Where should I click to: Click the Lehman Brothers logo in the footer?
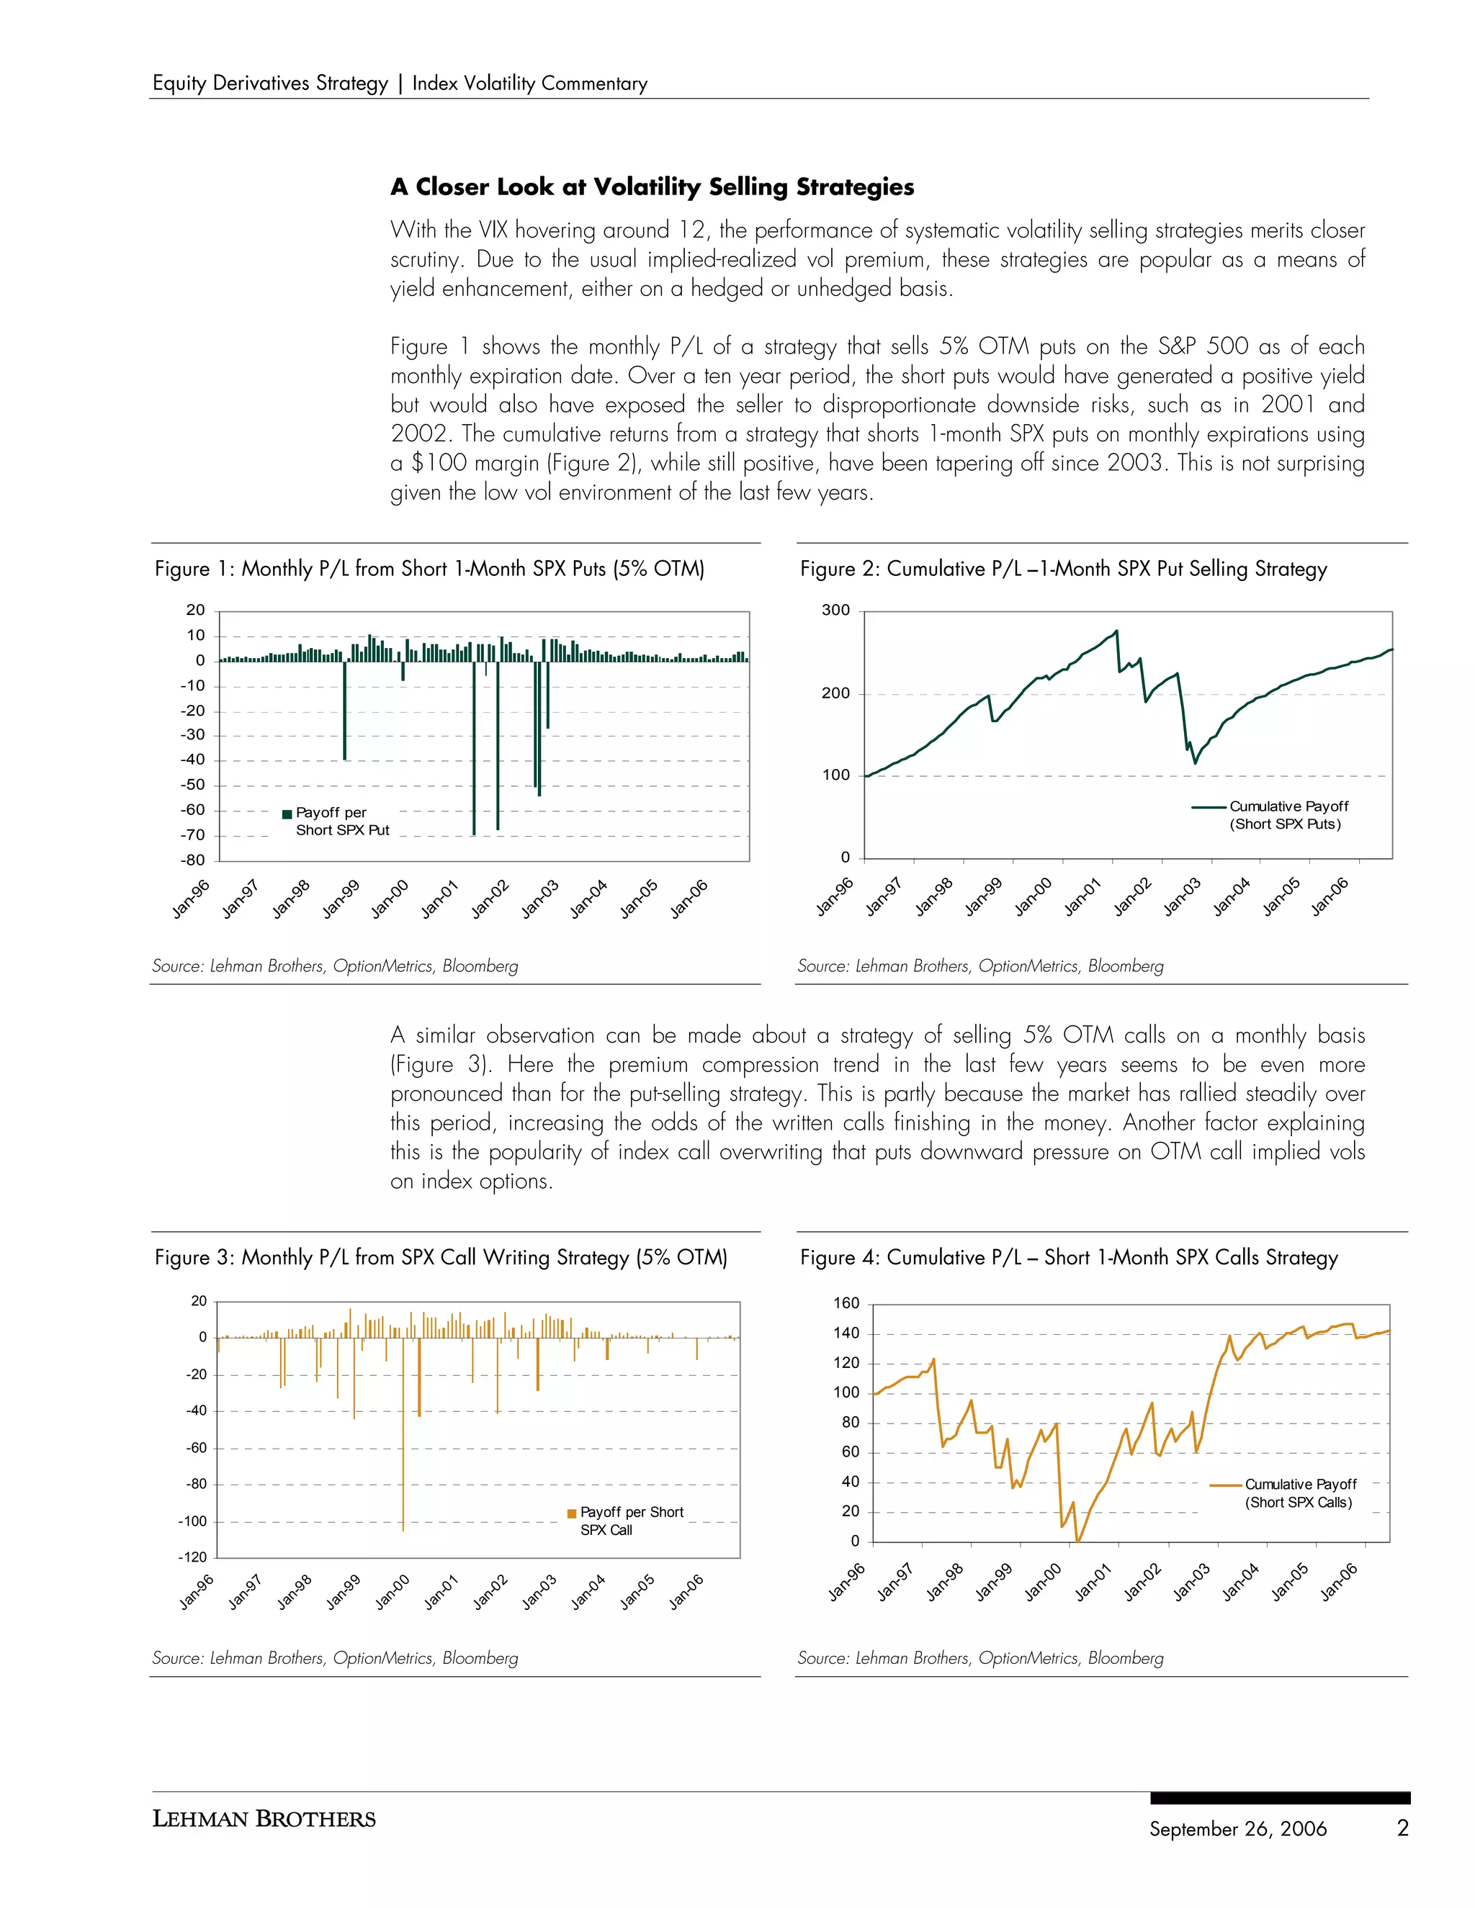[x=264, y=1819]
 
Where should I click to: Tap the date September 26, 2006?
[x=1237, y=1829]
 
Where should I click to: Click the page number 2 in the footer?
[x=1402, y=1827]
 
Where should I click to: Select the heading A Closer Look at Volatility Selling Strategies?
[x=652, y=187]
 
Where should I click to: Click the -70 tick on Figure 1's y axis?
[x=192, y=835]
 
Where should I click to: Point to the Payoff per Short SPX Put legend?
[x=336, y=822]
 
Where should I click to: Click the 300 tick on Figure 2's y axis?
[x=835, y=611]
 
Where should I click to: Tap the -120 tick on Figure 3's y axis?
[x=192, y=1557]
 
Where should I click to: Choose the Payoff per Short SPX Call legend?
[x=627, y=1520]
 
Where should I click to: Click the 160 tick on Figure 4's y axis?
[x=846, y=1302]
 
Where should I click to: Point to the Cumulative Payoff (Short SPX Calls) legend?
[x=1290, y=1493]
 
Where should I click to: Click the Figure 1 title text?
[x=429, y=569]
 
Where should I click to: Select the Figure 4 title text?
[x=1069, y=1257]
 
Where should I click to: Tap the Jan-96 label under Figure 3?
[x=197, y=1592]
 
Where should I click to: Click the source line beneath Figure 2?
[x=979, y=966]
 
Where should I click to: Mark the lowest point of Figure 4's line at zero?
[x=1078, y=1541]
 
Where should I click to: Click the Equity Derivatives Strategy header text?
[x=270, y=83]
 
